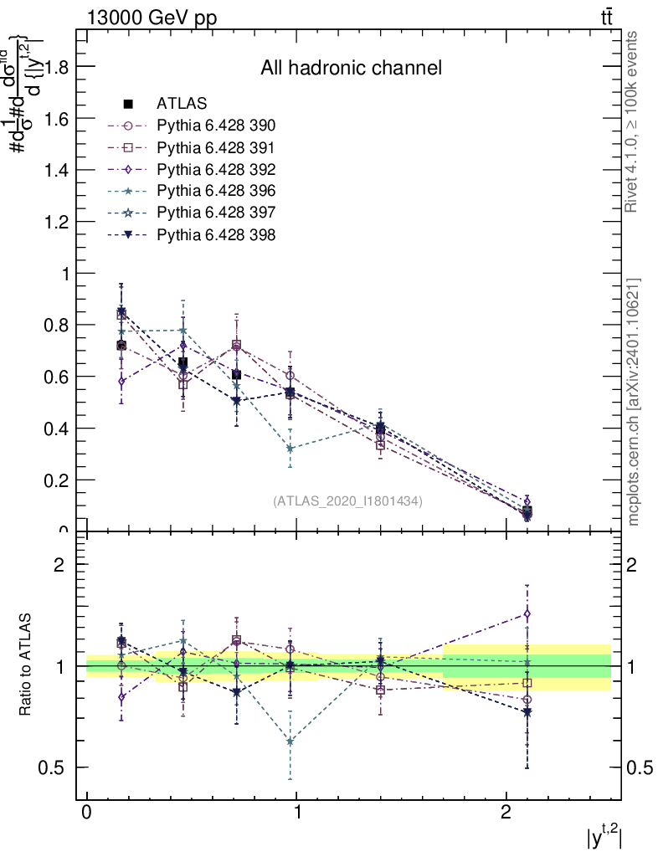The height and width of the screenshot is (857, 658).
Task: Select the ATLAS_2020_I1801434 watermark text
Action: (x=347, y=501)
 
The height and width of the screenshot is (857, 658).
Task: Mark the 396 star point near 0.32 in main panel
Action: (x=290, y=449)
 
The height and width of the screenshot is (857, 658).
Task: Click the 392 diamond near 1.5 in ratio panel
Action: (x=527, y=613)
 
